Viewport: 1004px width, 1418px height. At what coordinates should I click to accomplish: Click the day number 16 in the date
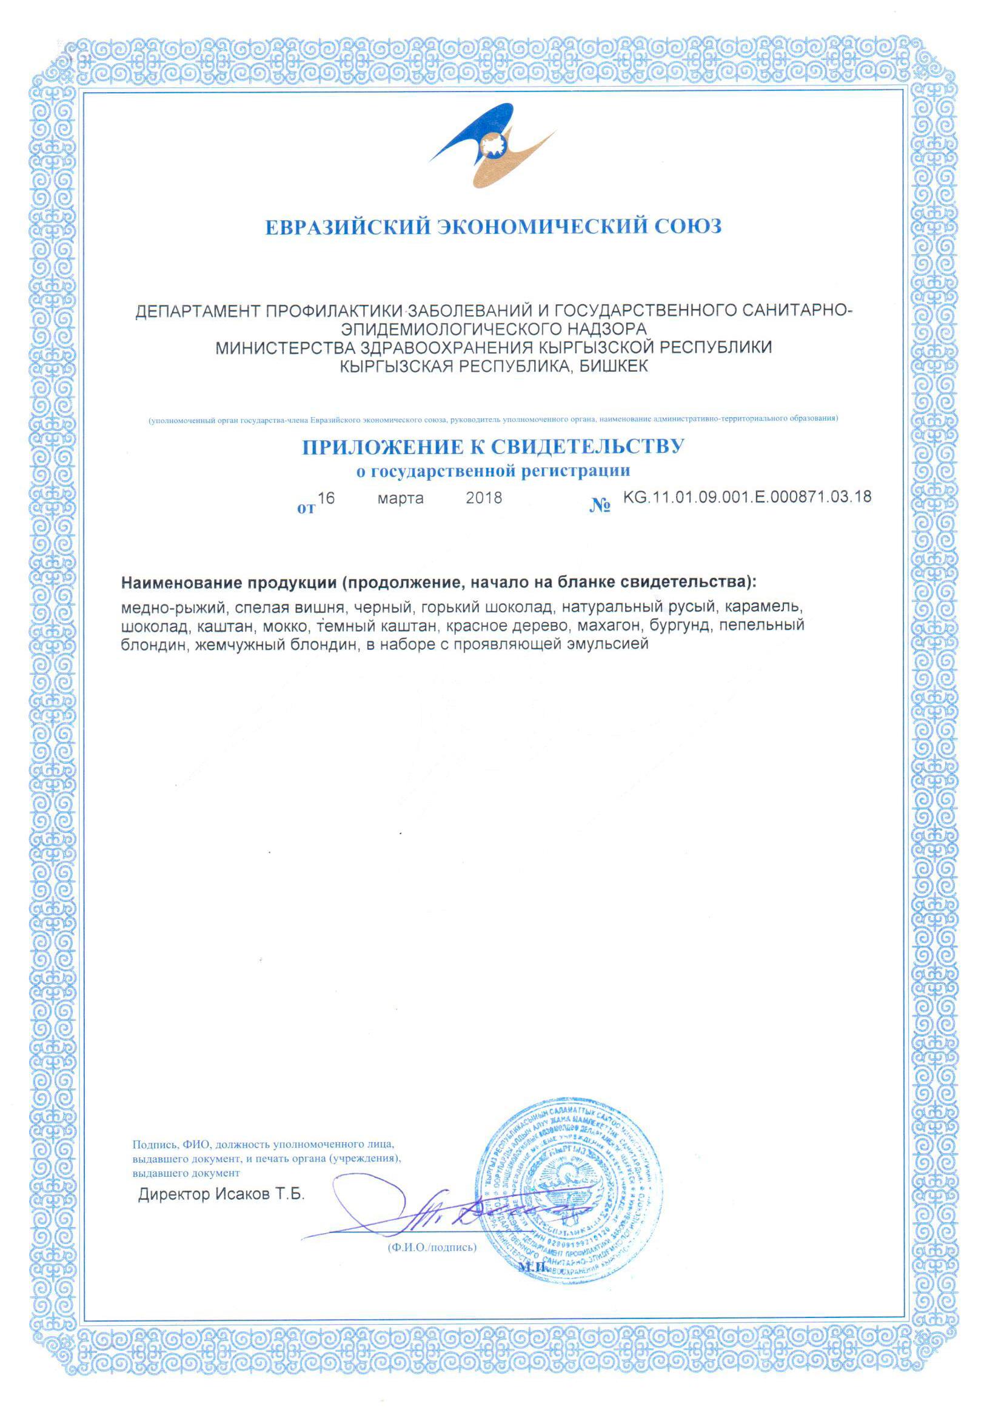(326, 498)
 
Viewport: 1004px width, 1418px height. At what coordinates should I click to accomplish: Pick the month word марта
(400, 498)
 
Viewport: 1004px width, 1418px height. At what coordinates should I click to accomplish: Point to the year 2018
(483, 498)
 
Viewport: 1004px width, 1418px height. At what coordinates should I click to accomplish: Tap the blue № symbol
(600, 506)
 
